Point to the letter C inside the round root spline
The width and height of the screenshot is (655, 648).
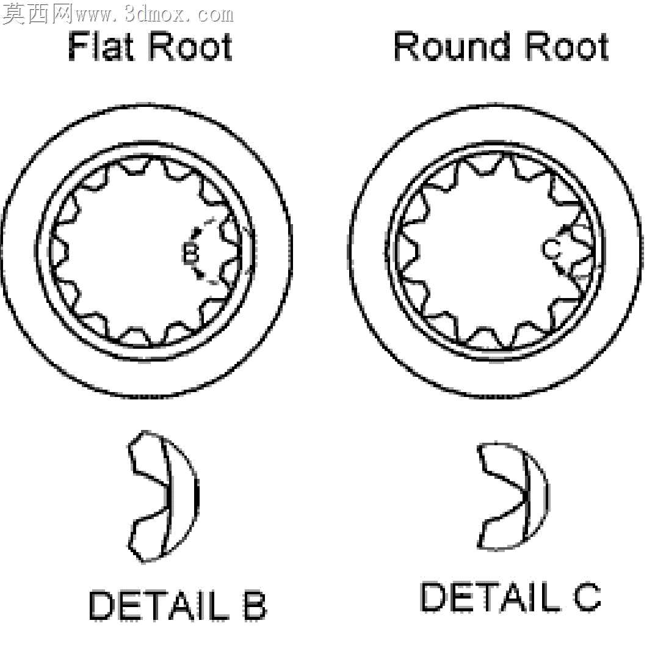[x=551, y=249]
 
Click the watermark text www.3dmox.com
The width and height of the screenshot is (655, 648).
[x=154, y=15]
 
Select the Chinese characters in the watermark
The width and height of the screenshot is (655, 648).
[x=38, y=14]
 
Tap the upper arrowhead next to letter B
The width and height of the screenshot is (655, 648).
[x=197, y=231]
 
